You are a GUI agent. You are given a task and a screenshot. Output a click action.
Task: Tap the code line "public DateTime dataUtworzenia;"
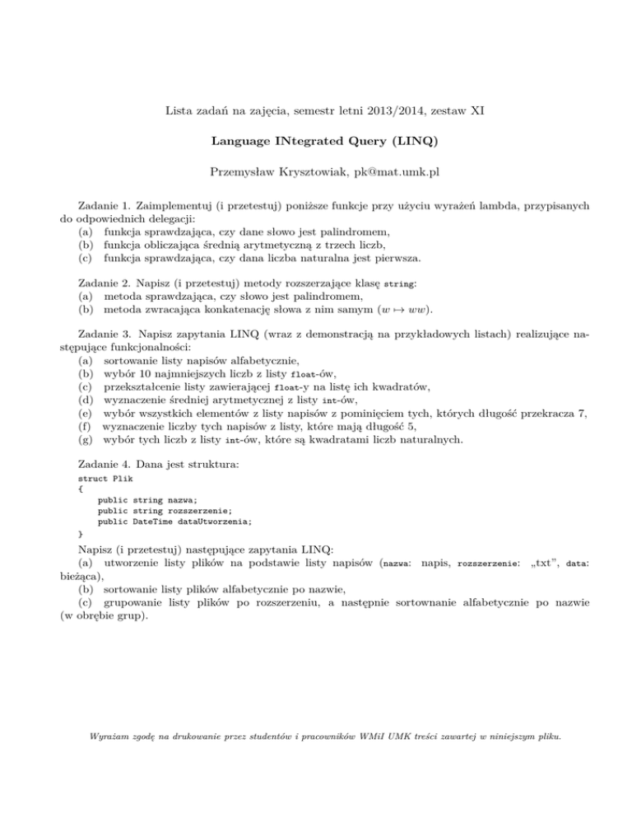[x=174, y=522]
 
